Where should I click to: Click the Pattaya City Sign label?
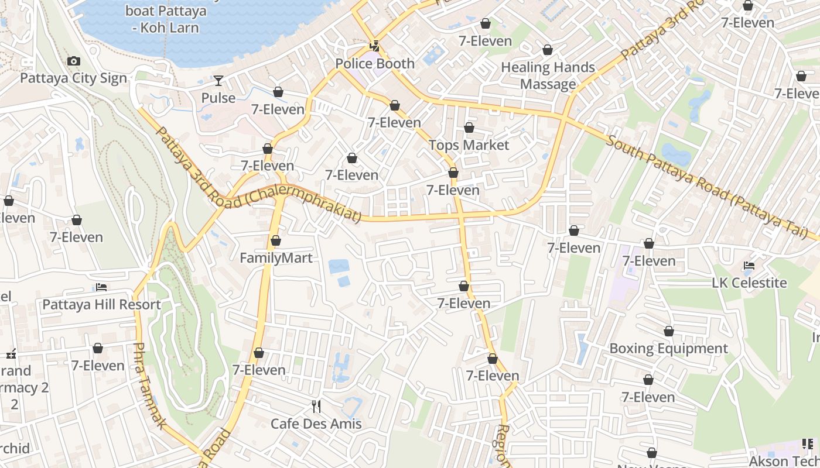coord(73,78)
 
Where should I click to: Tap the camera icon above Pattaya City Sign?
coord(73,61)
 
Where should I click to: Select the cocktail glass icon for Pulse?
coord(218,80)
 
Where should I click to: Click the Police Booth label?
coord(375,63)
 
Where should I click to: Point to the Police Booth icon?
coord(374,45)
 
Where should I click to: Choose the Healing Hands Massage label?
coord(548,75)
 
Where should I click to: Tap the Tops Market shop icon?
coord(469,128)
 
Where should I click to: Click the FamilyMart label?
coord(276,258)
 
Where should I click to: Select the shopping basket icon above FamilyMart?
coord(276,240)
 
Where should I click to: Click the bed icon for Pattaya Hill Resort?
coord(101,287)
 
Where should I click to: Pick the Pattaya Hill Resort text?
coord(101,305)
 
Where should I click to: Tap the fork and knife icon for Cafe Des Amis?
coord(316,406)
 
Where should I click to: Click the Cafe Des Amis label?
coord(316,424)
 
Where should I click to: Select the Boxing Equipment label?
coord(668,349)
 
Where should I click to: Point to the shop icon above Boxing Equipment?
coord(668,332)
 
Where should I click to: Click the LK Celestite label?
coord(749,283)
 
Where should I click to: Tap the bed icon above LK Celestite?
coord(749,266)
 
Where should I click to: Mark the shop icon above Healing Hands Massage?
coord(548,50)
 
